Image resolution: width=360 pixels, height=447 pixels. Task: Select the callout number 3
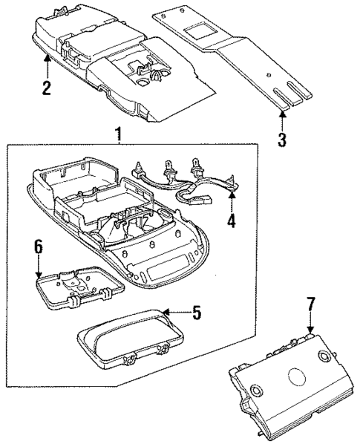pyautogui.click(x=282, y=138)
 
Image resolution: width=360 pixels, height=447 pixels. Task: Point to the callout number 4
pyautogui.click(x=232, y=221)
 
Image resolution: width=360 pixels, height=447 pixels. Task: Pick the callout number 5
pyautogui.click(x=197, y=313)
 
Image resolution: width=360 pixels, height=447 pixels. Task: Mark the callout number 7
pyautogui.click(x=310, y=304)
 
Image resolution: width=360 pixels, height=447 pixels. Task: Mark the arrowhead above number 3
pyautogui.click(x=282, y=114)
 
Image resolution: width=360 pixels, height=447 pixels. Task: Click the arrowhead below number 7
pyautogui.click(x=310, y=328)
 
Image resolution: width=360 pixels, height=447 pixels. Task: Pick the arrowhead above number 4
pyautogui.click(x=232, y=196)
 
